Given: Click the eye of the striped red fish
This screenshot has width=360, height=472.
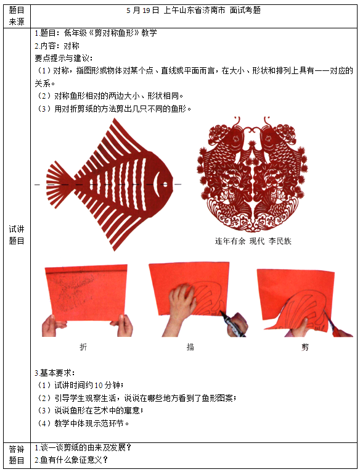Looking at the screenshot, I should pos(165,183).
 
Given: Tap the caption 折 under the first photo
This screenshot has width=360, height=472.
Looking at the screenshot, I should pos(84,347).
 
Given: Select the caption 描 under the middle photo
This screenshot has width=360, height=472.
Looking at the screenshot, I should pos(190,347).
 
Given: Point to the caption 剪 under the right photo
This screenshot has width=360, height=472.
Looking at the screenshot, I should pos(305,347).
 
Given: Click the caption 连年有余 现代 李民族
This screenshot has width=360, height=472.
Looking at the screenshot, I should pos(253,241).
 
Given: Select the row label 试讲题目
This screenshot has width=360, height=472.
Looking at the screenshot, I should pos(17,234).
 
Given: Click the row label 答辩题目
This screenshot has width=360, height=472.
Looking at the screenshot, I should pos(17,453).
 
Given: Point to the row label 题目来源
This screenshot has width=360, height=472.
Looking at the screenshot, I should pos(17,16).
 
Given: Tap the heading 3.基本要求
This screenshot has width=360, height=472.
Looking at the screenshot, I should pos(55,373).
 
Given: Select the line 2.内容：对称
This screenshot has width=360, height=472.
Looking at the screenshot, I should pos(57,46).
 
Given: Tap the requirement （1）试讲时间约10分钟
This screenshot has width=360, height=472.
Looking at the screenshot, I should pos(80,385).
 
